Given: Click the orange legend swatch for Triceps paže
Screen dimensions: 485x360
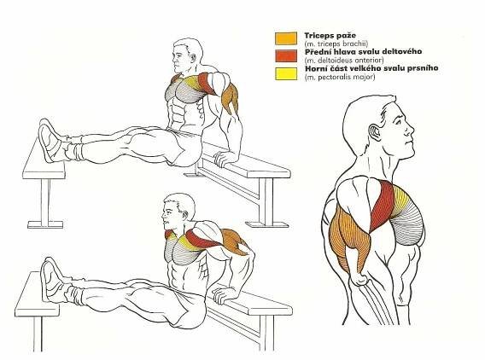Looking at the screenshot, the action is pyautogui.click(x=286, y=38).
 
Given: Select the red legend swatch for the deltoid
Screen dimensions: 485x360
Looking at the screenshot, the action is pyautogui.click(x=286, y=55).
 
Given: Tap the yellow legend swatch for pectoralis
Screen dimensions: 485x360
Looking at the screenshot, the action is pyautogui.click(x=286, y=73).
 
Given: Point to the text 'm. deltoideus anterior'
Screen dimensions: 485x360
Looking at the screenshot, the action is pyautogui.click(x=344, y=60).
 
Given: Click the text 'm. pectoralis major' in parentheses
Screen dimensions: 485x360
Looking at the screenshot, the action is pyautogui.click(x=340, y=77).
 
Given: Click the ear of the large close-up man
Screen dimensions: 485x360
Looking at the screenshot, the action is pyautogui.click(x=376, y=131).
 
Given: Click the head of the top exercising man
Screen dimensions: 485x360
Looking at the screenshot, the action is pyautogui.click(x=186, y=56).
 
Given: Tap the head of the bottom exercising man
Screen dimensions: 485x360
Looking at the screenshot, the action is pyautogui.click(x=178, y=211).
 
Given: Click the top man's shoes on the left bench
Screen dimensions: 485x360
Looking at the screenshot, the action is pyautogui.click(x=50, y=141).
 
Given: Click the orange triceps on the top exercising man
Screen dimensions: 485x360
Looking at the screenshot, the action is pyautogui.click(x=231, y=98).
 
